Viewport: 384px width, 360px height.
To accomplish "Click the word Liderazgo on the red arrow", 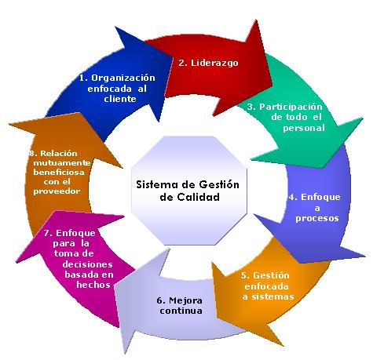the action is pos(214,64).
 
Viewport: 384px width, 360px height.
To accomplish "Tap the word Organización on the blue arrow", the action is pos(123,78).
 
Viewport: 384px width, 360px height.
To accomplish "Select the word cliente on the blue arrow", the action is pos(120,99).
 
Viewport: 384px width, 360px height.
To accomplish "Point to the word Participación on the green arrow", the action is pos(291,107).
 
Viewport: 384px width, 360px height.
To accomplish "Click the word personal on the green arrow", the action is pos(304,128).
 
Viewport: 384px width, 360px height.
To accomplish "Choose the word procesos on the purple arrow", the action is pos(317,218).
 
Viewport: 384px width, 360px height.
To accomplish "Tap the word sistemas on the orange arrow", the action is pos(272,296).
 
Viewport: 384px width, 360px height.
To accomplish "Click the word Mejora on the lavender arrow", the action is pos(185,300).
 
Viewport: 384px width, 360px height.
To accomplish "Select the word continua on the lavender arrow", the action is pos(181,311).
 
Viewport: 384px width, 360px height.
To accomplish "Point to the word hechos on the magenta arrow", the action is pos(93,285).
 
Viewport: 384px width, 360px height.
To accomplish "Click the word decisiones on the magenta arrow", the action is pos(87,264).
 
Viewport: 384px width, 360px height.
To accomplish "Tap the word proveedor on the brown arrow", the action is pos(57,191).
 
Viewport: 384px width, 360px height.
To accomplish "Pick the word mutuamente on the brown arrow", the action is pos(62,163).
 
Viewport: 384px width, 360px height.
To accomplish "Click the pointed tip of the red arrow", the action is pos(272,85).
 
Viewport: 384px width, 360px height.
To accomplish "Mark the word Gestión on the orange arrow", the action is pos(271,275).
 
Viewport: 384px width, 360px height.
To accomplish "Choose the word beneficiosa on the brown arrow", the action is pos(59,173).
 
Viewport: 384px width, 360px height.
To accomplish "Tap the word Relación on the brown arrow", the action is pos(59,154).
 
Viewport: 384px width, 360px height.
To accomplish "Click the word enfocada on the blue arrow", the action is pos(110,89).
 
